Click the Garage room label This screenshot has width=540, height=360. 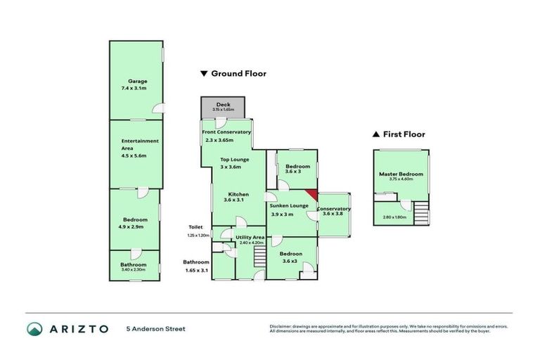pos(137,82)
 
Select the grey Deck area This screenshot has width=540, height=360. pos(223,108)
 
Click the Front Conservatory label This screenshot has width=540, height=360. pos(226,132)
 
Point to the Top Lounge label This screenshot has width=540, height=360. pos(231,160)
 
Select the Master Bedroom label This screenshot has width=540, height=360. pos(401,174)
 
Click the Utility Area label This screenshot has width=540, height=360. pos(249,238)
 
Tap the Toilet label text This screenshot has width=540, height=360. pos(195,226)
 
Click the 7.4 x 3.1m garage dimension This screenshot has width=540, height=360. pos(137,89)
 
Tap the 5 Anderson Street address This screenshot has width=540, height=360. pos(155,328)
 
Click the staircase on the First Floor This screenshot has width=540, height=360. pos(421,212)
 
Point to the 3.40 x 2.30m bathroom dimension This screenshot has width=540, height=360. pos(133,270)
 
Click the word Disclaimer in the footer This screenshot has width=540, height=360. pos(281,326)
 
